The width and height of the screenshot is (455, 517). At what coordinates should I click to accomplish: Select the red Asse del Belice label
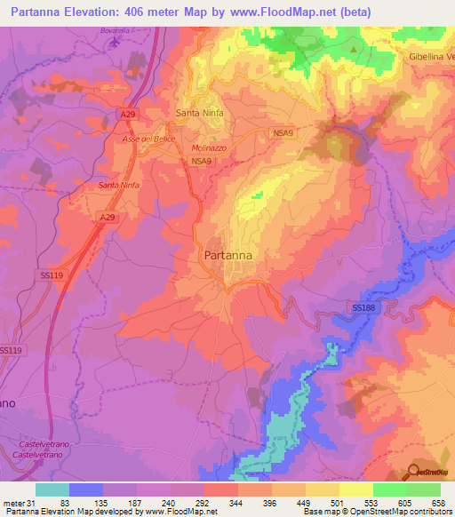click(146, 140)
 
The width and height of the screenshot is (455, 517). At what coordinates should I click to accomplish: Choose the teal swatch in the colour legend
click(52, 489)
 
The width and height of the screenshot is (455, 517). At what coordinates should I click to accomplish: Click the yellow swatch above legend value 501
click(323, 489)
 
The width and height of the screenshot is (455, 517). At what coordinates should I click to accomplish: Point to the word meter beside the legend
click(12, 503)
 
